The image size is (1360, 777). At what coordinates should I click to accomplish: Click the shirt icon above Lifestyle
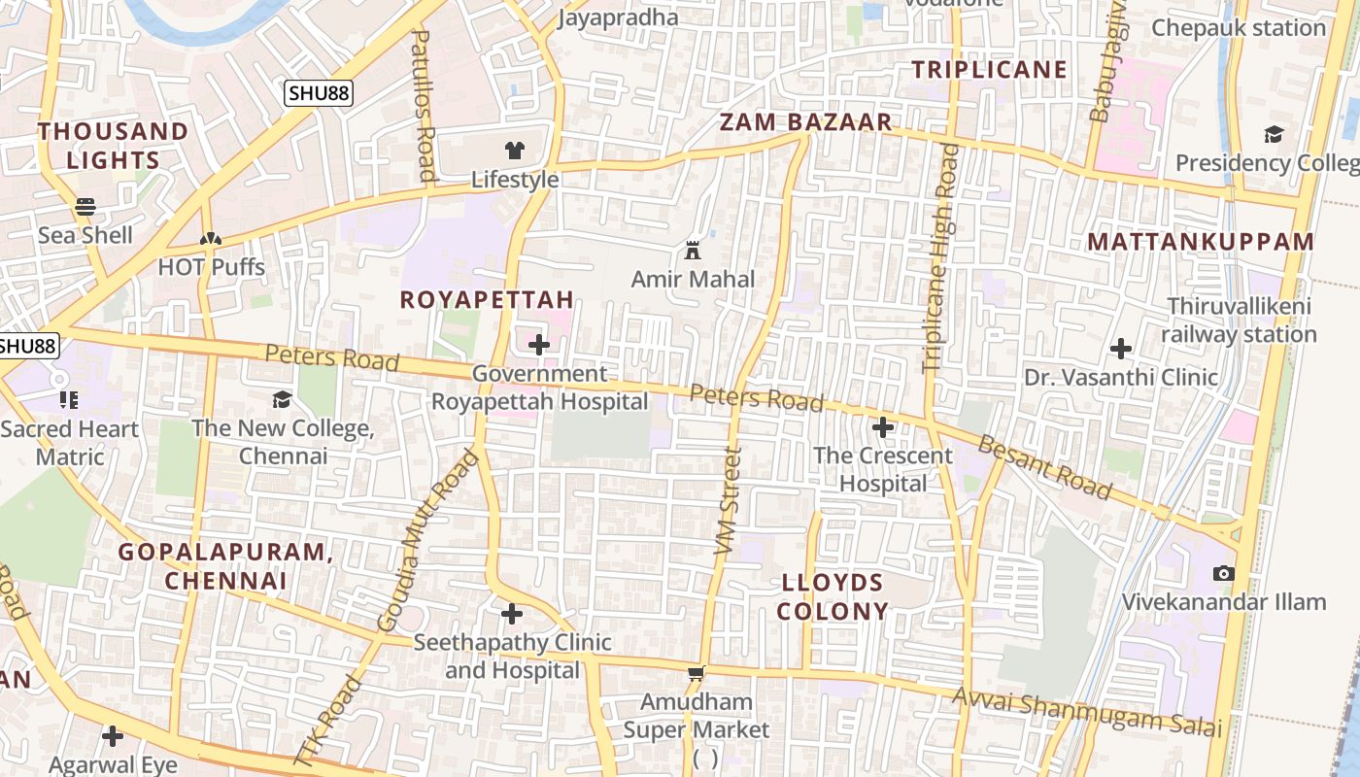coord(514,151)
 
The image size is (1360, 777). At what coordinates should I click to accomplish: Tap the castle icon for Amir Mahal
coord(693,251)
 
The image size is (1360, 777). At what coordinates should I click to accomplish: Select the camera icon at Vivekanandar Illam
coord(1224,573)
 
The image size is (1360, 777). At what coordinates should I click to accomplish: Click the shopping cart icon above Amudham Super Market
coord(696,673)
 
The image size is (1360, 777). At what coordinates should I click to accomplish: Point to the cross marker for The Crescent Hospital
coord(883,426)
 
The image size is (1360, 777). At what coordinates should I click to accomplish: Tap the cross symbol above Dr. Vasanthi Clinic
coord(1121,348)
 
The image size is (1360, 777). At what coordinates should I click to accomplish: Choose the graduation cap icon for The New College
coord(282,399)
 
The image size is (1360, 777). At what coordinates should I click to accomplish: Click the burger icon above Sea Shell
coord(85,206)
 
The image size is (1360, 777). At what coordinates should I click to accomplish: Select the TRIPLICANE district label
coord(989,70)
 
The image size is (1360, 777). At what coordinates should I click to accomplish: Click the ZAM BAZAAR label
coord(805,122)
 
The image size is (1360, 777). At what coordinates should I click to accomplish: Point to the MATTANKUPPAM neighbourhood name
coord(1201,242)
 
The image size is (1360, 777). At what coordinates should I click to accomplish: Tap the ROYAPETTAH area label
coord(487,299)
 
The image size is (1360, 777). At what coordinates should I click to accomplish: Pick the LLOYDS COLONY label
coord(833,596)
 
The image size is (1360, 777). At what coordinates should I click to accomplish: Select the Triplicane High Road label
coord(939,257)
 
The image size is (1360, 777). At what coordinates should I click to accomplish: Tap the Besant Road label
coord(1044,468)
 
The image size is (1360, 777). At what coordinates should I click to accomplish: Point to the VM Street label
coord(728,501)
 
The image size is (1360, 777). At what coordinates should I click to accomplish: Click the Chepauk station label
coord(1238,27)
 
